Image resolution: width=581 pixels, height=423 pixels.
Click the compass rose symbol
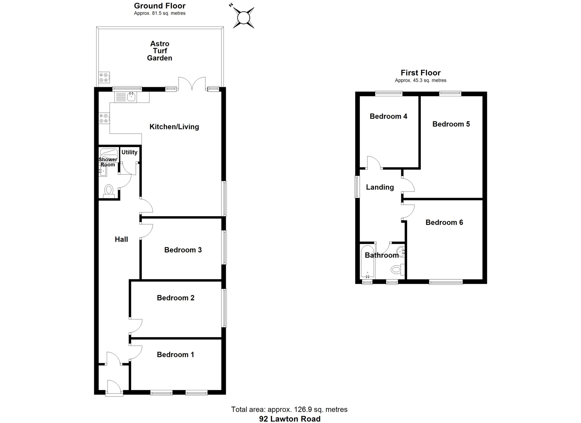[x=244, y=18]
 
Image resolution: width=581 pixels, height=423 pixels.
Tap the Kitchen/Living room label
[x=174, y=126]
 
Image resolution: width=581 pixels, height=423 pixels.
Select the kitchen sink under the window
[x=131, y=97]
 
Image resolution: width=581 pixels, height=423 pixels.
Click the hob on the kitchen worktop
[x=104, y=118]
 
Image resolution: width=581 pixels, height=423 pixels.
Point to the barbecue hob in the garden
[x=104, y=77]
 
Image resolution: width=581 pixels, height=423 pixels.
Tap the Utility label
[x=129, y=152]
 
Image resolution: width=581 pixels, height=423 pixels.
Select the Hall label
[x=121, y=239]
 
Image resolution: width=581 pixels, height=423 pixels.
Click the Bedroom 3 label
[x=183, y=250]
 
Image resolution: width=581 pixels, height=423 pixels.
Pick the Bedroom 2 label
[x=176, y=298]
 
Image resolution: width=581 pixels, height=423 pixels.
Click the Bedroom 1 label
[x=175, y=354]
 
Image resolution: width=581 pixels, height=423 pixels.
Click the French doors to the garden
[x=192, y=84]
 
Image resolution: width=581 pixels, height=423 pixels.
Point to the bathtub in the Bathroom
[x=367, y=261]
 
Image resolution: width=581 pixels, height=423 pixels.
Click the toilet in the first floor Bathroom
[x=397, y=269]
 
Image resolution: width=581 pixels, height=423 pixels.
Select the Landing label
[x=380, y=187]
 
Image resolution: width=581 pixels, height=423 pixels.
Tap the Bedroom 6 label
[x=444, y=222]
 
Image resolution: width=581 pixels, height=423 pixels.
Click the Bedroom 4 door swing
[x=374, y=162]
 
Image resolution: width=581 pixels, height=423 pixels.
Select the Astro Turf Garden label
[x=159, y=51]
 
